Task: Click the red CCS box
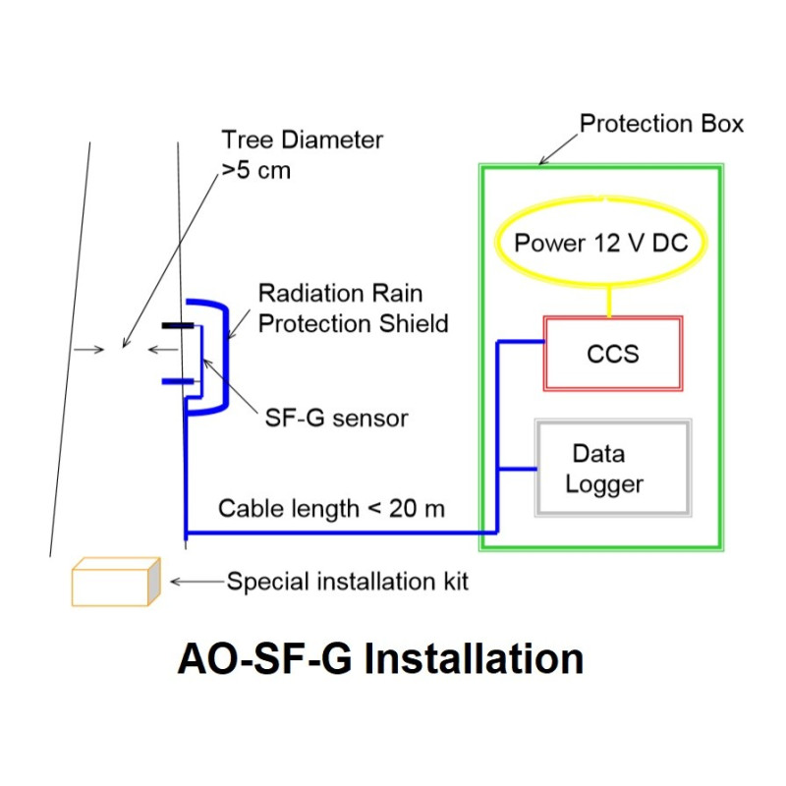[x=613, y=353]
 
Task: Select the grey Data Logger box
[x=612, y=468]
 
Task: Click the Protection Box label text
[x=661, y=124]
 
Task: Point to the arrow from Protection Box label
[x=558, y=149]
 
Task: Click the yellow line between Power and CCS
[x=609, y=299]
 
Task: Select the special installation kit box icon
[x=115, y=583]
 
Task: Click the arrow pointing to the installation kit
[x=196, y=582]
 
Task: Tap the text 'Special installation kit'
[x=348, y=582]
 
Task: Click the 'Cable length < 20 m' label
[x=331, y=508]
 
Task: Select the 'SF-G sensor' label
[x=336, y=419]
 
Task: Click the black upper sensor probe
[x=178, y=323]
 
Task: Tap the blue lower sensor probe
[x=178, y=379]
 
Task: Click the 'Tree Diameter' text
[x=302, y=140]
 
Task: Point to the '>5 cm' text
[x=255, y=170]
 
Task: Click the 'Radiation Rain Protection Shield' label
[x=353, y=308]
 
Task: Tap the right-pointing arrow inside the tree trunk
[x=89, y=349]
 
